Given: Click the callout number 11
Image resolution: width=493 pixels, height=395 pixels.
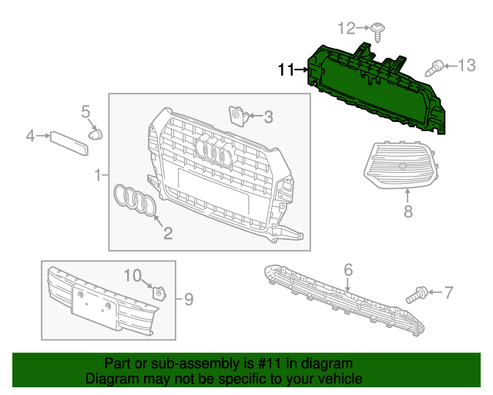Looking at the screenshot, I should coord(286,70).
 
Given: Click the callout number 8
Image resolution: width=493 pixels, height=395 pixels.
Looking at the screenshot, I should coord(407,211).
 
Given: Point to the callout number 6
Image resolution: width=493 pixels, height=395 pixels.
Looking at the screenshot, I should coord(348,269).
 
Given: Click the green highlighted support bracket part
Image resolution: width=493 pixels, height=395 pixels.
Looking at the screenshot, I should coord(377,89).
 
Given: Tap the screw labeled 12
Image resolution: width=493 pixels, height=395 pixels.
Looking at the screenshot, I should coord(379,31).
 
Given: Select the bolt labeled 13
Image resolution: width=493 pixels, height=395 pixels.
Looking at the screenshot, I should coord(437,68).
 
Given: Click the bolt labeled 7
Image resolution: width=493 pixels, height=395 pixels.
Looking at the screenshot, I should coord(421,292).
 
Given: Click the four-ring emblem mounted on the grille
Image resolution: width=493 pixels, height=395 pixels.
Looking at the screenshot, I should coord(214,151).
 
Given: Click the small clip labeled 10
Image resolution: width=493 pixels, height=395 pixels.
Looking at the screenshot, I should coord(159,293).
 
